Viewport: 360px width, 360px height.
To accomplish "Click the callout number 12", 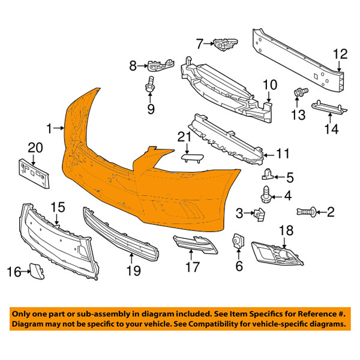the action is tap(340, 55).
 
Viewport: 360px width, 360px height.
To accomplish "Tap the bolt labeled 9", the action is tap(149, 85).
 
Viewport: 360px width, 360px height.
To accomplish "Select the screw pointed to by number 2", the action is tap(306, 211).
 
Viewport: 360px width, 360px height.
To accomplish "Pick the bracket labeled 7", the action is tap(226, 44).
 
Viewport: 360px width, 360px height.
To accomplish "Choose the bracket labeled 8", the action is tap(160, 65).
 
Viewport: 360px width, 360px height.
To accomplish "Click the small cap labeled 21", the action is tap(192, 158).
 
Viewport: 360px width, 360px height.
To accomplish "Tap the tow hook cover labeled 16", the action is tap(37, 271).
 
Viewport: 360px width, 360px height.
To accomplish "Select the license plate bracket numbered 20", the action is tap(34, 173).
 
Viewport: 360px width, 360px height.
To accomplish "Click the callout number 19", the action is tap(134, 271).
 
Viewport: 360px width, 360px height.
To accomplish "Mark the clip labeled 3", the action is tap(259, 214).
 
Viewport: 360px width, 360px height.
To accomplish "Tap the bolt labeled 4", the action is tap(267, 194).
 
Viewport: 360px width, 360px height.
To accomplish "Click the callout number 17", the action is tap(193, 267).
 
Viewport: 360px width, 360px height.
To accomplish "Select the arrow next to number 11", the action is tap(269, 155).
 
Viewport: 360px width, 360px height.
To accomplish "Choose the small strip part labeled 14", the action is tap(329, 107).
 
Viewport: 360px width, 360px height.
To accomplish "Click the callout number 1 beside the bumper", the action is tap(49, 128).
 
